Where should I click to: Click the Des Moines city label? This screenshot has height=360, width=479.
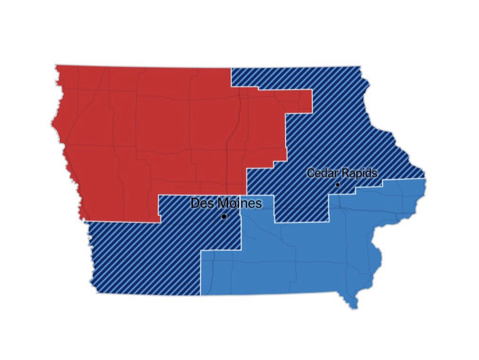pyautogui.click(x=226, y=204)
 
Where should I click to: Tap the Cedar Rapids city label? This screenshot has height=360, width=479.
pyautogui.click(x=342, y=173)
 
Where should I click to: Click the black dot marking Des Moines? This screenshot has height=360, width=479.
pyautogui.click(x=223, y=216)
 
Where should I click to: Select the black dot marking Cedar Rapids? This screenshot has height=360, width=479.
pyautogui.click(x=337, y=184)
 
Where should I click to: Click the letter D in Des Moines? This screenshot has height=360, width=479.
pyautogui.click(x=195, y=204)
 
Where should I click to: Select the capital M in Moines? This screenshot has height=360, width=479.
pyautogui.click(x=219, y=204)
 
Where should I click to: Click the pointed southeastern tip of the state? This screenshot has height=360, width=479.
pyautogui.click(x=354, y=308)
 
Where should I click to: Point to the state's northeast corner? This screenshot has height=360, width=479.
pyautogui.click(x=360, y=67)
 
